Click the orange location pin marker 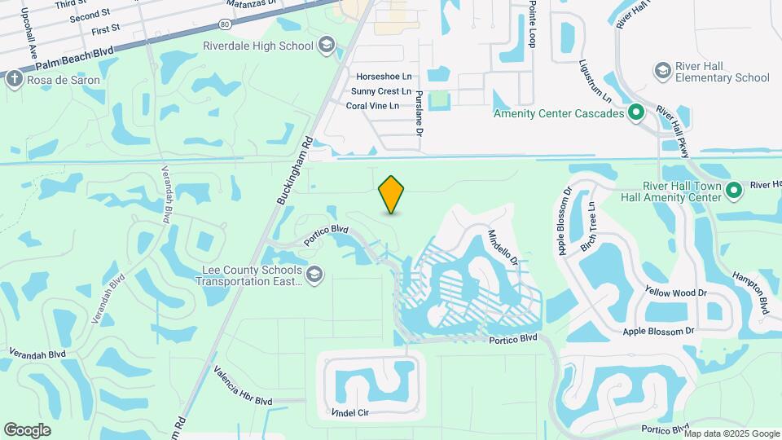click(x=392, y=194)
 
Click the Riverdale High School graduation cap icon click(x=327, y=45)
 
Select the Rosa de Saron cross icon click(x=14, y=80)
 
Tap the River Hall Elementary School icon click(x=662, y=72)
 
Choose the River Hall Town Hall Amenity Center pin click(x=733, y=191)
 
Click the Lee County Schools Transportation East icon click(x=314, y=276)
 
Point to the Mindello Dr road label click(x=503, y=246)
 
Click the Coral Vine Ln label click(x=372, y=106)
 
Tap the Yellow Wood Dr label click(x=675, y=292)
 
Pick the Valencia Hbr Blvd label click(x=243, y=385)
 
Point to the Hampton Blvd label click(x=750, y=293)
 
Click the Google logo click(x=28, y=429)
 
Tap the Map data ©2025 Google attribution click(x=733, y=433)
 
